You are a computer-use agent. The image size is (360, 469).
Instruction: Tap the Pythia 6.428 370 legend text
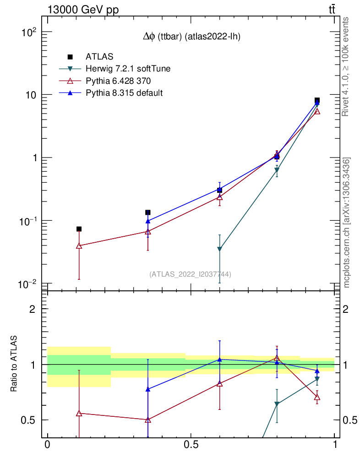[x=118, y=81]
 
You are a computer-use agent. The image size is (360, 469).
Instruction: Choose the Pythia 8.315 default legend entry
[x=124, y=93]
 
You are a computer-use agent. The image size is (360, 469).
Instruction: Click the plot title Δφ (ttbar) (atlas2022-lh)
[x=191, y=38]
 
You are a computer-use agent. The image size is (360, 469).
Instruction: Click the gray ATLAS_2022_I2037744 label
[x=190, y=274]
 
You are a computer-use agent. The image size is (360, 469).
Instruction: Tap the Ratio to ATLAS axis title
[x=15, y=364]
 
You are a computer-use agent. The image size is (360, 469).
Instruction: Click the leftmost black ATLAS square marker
[x=79, y=229]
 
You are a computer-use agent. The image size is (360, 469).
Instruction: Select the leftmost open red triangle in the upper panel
[x=79, y=246]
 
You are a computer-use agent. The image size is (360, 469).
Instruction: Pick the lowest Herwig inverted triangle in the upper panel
[x=220, y=249]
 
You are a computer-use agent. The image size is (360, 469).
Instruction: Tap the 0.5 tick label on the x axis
[x=191, y=445]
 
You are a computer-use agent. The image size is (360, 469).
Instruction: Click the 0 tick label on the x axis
[x=47, y=445]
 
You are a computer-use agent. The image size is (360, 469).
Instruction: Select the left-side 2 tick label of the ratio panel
[x=33, y=309]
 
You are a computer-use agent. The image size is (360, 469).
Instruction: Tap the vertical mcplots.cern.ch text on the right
[x=347, y=222]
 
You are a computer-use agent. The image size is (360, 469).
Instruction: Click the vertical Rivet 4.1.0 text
[x=346, y=66]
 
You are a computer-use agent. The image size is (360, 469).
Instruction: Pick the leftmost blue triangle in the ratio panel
[x=147, y=389]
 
